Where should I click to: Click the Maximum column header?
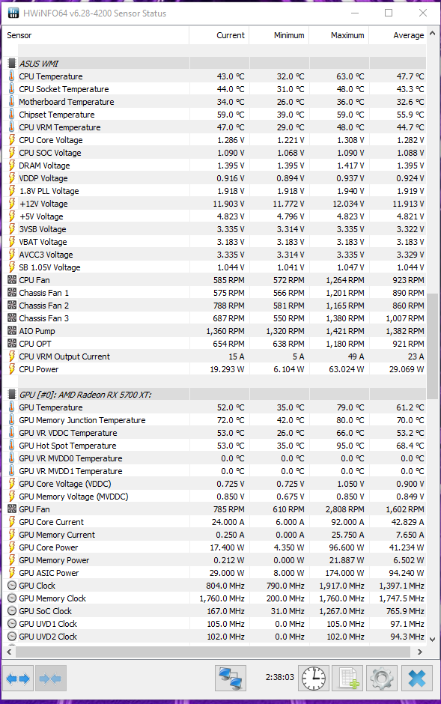347,35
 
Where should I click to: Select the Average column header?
408,35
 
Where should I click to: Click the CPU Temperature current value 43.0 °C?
230,76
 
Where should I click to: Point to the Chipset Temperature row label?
56,115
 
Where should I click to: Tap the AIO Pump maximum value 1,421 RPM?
344,331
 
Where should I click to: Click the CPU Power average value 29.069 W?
406,369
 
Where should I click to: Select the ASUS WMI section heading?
39,64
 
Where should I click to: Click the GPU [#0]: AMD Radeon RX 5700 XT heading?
85,395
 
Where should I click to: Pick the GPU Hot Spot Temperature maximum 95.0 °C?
350,446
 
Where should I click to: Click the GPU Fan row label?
34,509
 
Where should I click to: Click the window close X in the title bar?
422,13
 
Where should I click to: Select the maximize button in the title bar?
389,13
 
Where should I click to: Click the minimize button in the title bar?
355,13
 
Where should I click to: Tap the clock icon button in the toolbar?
313,678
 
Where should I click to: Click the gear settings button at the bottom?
382,678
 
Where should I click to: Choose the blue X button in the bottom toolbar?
417,678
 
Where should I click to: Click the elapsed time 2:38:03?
279,677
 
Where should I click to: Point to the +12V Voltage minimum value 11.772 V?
288,204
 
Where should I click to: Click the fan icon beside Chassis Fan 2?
12,306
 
